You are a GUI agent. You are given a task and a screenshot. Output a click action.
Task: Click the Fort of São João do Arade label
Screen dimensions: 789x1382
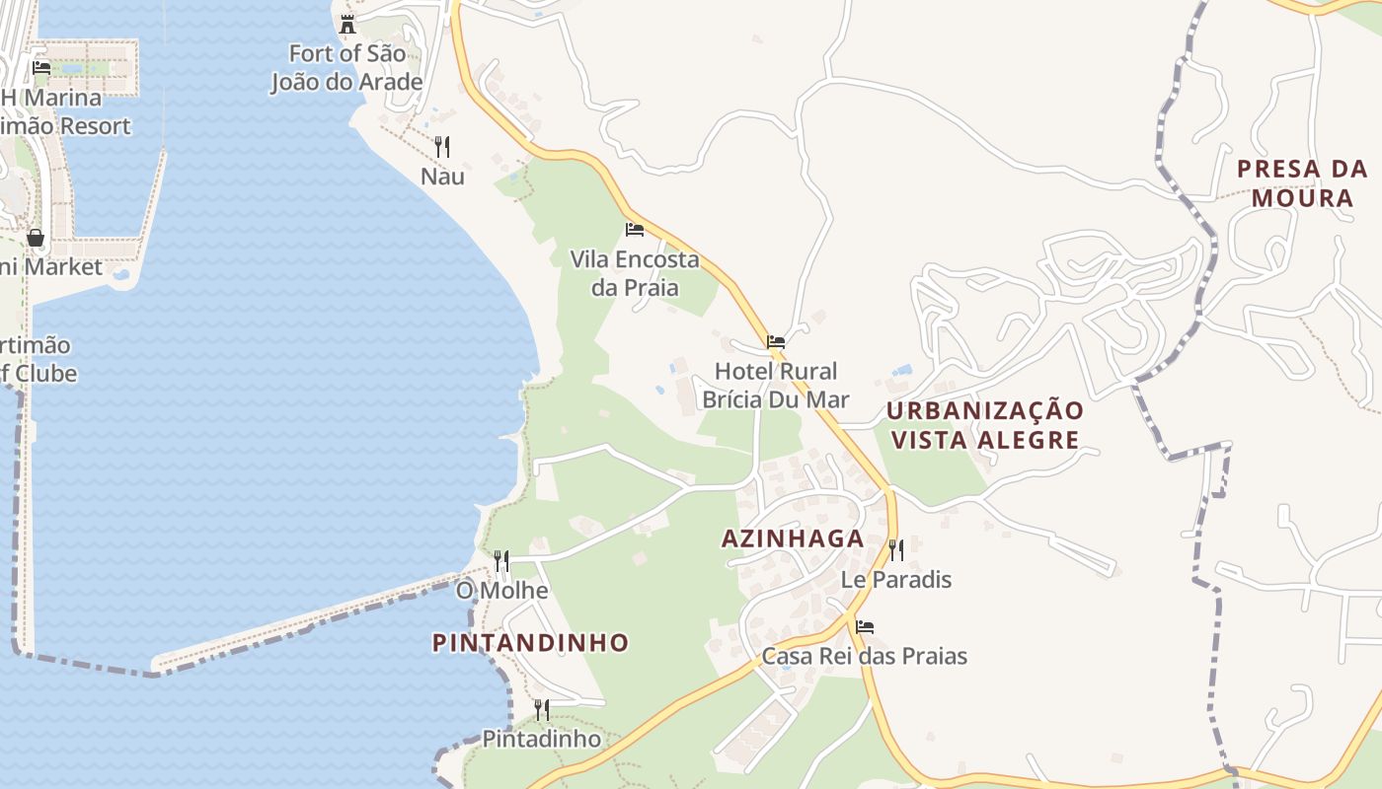(346, 67)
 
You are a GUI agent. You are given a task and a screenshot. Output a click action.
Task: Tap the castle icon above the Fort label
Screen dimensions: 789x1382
(346, 24)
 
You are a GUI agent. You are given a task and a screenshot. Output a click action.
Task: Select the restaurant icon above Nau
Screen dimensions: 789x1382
(442, 147)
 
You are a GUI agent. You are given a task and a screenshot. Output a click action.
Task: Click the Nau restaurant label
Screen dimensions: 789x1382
(442, 177)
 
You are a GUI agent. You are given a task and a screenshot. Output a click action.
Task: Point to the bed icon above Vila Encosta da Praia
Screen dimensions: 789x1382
(635, 229)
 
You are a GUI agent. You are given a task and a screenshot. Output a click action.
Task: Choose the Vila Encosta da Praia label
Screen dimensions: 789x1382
(635, 273)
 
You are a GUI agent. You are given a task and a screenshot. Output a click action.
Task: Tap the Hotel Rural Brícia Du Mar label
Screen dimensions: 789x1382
(775, 385)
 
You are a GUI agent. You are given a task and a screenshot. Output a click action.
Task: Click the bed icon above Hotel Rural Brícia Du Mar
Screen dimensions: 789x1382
(776, 342)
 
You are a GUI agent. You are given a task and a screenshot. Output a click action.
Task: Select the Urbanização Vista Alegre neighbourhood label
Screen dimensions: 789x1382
(984, 425)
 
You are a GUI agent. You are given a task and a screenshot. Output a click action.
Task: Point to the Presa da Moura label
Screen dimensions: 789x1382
(1302, 183)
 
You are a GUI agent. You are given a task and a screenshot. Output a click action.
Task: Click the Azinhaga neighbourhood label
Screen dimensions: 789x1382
(793, 538)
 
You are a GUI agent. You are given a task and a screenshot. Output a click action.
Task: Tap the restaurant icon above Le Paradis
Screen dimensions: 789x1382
(895, 549)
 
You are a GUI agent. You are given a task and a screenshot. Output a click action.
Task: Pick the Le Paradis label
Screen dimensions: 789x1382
(896, 579)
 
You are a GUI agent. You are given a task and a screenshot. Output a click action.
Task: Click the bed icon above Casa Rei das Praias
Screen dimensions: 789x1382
(865, 626)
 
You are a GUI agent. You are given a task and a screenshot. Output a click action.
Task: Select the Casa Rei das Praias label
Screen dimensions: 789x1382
(864, 656)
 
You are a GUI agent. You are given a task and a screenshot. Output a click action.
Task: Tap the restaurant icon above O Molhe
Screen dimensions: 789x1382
(501, 561)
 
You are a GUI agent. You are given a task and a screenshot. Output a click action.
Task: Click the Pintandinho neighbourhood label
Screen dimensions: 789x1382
(530, 643)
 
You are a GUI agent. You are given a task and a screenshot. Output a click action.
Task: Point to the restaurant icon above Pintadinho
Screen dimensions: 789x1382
(541, 709)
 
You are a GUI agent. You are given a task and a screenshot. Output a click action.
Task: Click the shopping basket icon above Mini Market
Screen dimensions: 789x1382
(36, 238)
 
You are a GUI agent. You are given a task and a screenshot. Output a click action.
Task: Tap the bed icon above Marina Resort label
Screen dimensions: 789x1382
(41, 68)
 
